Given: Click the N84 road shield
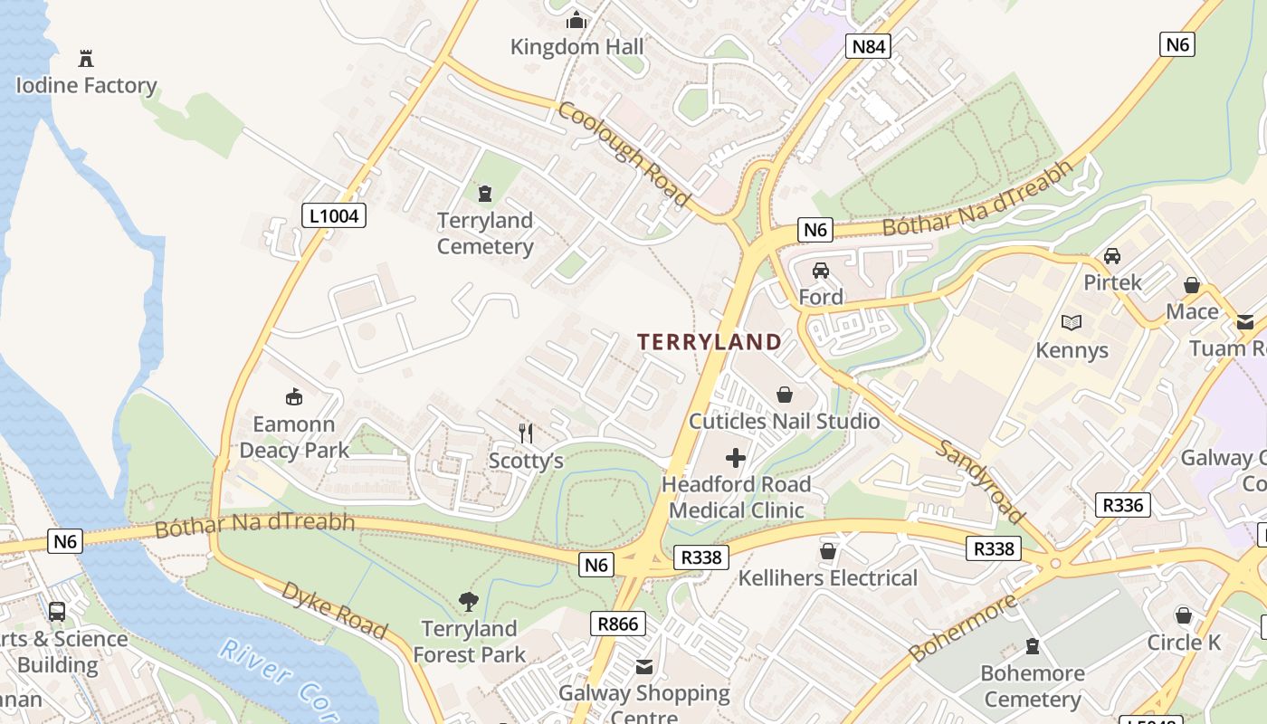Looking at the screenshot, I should coord(868,46).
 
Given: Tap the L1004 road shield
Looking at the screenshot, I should coord(334,215).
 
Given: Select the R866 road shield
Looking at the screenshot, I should coord(619,623).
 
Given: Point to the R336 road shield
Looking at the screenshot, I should coord(1122,505).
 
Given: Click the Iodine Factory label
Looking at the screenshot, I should coord(87,86).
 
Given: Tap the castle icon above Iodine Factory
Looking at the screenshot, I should coord(86,60).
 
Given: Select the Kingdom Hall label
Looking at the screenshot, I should coord(576,47).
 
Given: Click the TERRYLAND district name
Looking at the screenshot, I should coord(710,342).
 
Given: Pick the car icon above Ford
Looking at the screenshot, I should coord(821,271).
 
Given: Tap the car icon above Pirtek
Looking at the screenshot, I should coord(1112,256).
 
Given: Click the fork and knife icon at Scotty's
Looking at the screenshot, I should coord(525,433).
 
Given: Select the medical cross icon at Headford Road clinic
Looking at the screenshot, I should coord(736,458).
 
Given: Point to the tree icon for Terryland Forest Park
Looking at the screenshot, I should coord(468,601).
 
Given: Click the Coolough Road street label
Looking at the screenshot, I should coord(624,153).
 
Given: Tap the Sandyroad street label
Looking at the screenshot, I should coord(981,481).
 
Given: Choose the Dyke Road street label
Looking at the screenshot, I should coord(334,610).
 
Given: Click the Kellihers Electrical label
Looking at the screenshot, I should coord(828,578).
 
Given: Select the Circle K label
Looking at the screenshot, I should coord(1184,643).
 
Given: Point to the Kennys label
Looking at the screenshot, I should coord(1072,350).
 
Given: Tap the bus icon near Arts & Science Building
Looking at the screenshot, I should coord(57,612).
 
